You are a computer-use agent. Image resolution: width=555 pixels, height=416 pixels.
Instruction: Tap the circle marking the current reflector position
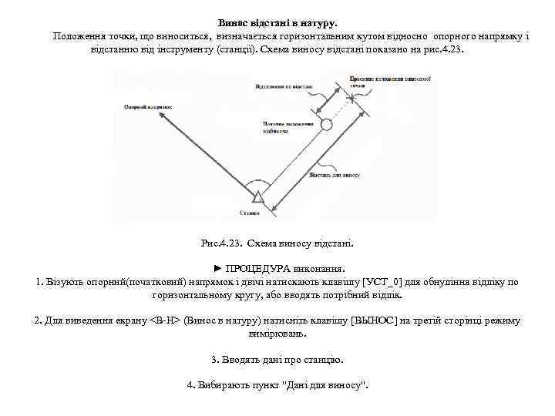(326, 123)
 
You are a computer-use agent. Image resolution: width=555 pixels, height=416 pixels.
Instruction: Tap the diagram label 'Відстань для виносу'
(335, 174)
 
